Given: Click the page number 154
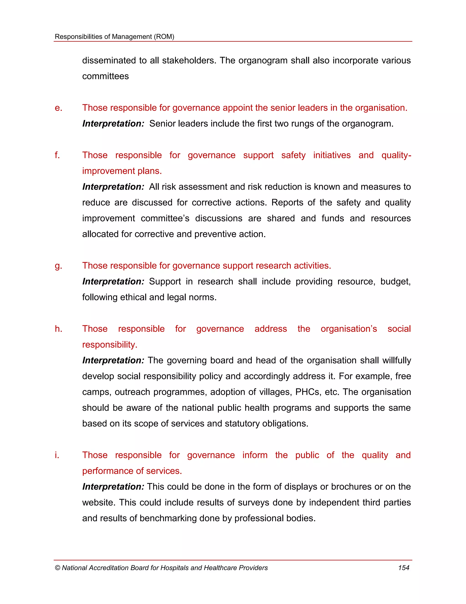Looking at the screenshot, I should [x=403, y=568].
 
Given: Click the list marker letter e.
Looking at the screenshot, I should [x=58, y=108].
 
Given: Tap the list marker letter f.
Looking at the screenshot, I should [x=57, y=155].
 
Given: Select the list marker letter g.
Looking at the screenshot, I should [x=58, y=266].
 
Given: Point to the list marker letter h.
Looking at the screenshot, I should [x=58, y=329].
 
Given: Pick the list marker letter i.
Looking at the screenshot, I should [x=57, y=455].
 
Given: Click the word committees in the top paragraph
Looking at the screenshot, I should [x=105, y=76].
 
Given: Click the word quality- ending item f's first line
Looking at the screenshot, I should [x=396, y=155].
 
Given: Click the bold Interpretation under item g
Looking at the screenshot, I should [x=113, y=281].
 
